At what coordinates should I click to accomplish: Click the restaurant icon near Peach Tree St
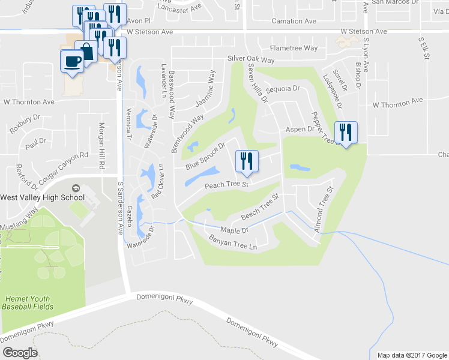(247, 161)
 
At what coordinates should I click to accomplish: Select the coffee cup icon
(72, 62)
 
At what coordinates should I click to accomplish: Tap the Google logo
(19, 353)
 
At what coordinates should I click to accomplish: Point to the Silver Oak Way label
(251, 60)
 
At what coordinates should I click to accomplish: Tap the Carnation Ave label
(293, 21)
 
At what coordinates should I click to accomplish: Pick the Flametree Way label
(294, 48)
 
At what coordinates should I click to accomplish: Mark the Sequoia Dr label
(286, 88)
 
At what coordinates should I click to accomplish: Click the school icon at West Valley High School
(76, 188)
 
